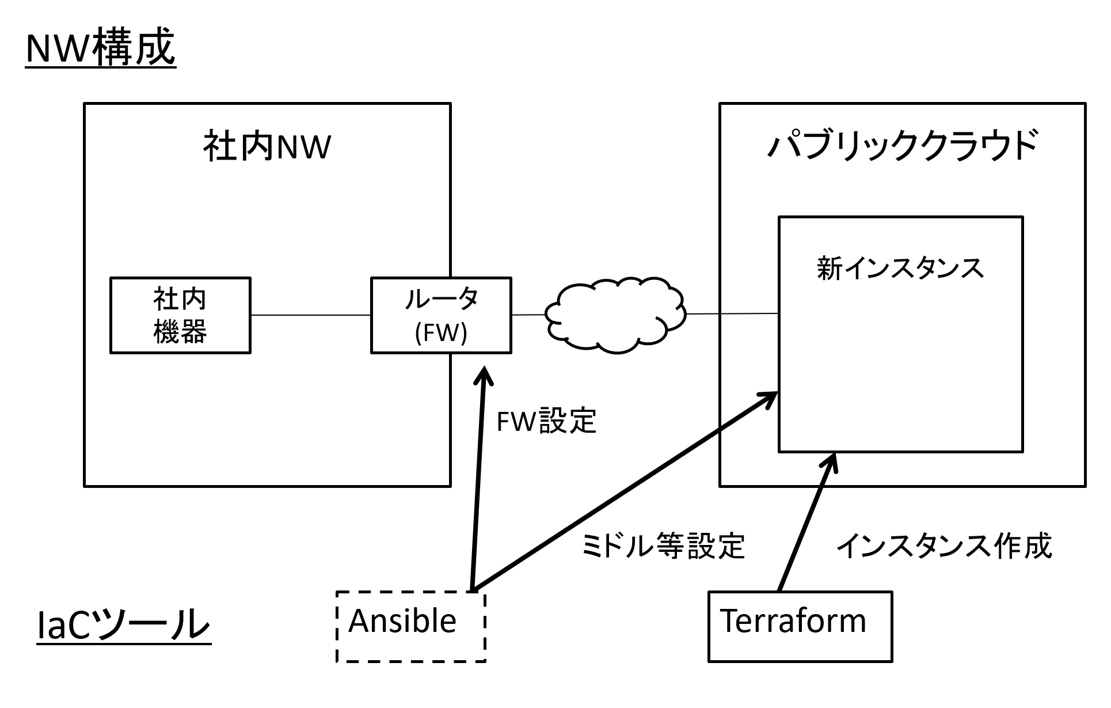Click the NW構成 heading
(x=101, y=48)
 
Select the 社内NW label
(x=267, y=147)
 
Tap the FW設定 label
(x=546, y=421)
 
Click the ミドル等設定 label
(x=664, y=546)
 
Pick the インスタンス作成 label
(x=944, y=546)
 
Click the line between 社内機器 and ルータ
(x=311, y=315)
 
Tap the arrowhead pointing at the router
(x=484, y=374)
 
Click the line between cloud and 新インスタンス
(x=732, y=314)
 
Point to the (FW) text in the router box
(x=441, y=333)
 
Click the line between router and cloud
(x=528, y=315)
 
